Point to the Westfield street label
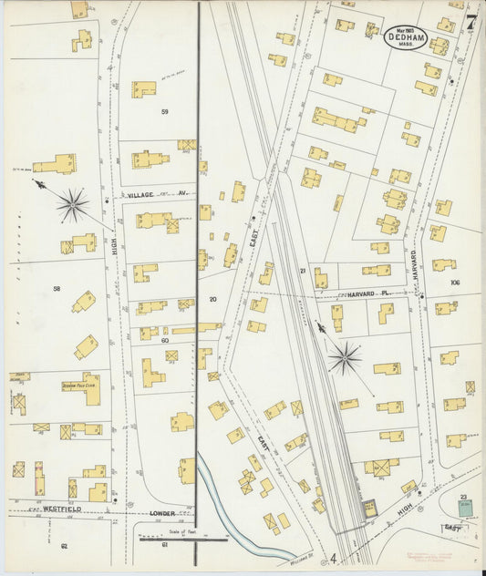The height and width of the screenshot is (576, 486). pyautogui.click(x=64, y=509)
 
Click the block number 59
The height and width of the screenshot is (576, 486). pyautogui.click(x=165, y=111)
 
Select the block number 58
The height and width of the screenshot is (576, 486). pyautogui.click(x=57, y=288)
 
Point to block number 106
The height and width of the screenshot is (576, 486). pyautogui.click(x=455, y=283)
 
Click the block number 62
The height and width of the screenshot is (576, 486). pyautogui.click(x=64, y=545)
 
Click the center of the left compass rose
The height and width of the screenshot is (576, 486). pyautogui.click(x=73, y=204)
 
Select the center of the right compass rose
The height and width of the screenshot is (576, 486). pyautogui.click(x=345, y=357)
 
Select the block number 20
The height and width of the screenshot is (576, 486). pyautogui.click(x=212, y=299)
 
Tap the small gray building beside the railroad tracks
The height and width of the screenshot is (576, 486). pyautogui.click(x=369, y=508)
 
